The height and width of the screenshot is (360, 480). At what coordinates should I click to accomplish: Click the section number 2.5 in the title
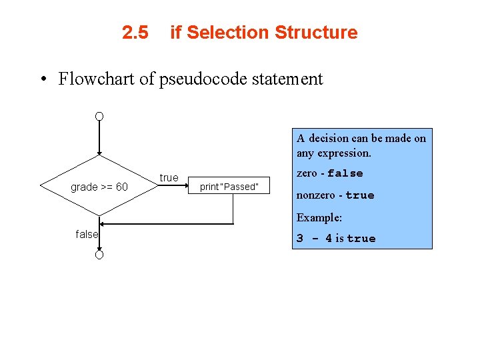pyautogui.click(x=135, y=33)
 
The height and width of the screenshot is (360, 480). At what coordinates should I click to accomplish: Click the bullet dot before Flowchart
pyautogui.click(x=42, y=80)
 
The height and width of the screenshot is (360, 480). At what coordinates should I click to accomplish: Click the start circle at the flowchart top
pyautogui.click(x=99, y=116)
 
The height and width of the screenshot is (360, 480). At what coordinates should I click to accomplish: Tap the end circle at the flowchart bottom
pyautogui.click(x=99, y=255)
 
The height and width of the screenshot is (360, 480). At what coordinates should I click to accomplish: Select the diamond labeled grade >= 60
pyautogui.click(x=99, y=186)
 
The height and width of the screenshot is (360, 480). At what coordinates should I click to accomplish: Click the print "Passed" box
pyautogui.click(x=229, y=187)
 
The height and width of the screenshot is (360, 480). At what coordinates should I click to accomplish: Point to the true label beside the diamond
pyautogui.click(x=169, y=177)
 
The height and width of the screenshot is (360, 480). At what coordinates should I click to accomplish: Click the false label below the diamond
pyautogui.click(x=87, y=234)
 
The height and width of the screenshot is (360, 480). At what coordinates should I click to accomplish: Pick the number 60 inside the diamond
pyautogui.click(x=121, y=187)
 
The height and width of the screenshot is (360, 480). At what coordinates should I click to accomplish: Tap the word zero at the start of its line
pyautogui.click(x=307, y=173)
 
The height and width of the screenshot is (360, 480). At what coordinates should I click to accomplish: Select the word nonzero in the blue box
pyautogui.click(x=315, y=195)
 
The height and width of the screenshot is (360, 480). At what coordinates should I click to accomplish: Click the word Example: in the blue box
pyautogui.click(x=319, y=217)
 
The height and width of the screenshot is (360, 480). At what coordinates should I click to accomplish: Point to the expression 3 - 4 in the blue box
pyautogui.click(x=314, y=238)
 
